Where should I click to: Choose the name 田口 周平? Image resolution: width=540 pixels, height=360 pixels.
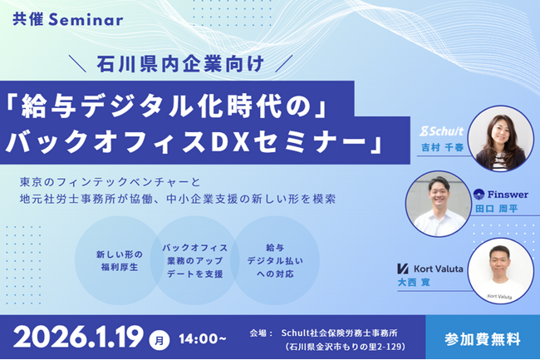(497, 208)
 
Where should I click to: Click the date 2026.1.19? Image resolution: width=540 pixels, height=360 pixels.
(81, 336)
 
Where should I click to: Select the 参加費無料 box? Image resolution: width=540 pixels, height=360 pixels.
(484, 338)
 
